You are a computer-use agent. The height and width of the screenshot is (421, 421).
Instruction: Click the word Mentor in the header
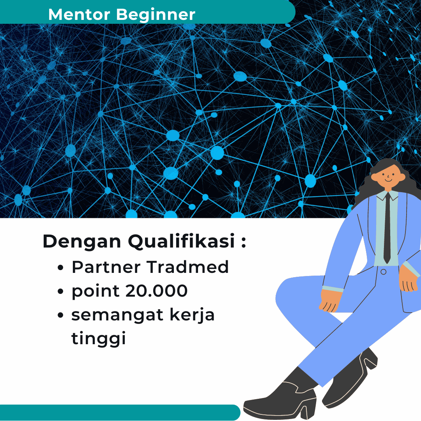pyautogui.click(x=79, y=14)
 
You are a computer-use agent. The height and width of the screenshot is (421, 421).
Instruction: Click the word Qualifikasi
pyautogui.click(x=182, y=241)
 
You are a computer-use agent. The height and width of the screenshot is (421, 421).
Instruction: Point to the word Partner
pyautogui.click(x=106, y=267)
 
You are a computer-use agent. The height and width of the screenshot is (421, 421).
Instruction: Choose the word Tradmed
pyautogui.click(x=188, y=267)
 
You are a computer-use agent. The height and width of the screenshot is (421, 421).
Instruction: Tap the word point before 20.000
pyautogui.click(x=96, y=292)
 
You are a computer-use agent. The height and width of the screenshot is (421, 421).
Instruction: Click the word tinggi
pyautogui.click(x=99, y=339)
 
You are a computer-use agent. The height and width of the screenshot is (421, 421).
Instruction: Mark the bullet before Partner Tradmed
pyautogui.click(x=61, y=268)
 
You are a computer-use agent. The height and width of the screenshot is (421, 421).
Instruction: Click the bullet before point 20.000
pyautogui.click(x=61, y=291)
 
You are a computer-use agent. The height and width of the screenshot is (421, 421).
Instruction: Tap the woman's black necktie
pyautogui.click(x=387, y=228)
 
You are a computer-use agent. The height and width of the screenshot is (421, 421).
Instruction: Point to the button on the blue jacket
pyautogui.click(x=384, y=272)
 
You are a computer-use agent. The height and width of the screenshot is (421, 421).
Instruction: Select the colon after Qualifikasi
pyautogui.click(x=243, y=242)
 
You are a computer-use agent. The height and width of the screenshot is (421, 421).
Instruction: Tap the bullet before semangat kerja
pyautogui.click(x=61, y=315)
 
